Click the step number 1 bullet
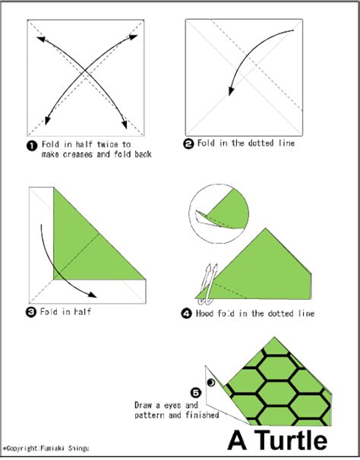30,145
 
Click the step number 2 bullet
188,143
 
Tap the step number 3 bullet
30,310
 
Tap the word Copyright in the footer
24,452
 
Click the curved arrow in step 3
57,258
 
